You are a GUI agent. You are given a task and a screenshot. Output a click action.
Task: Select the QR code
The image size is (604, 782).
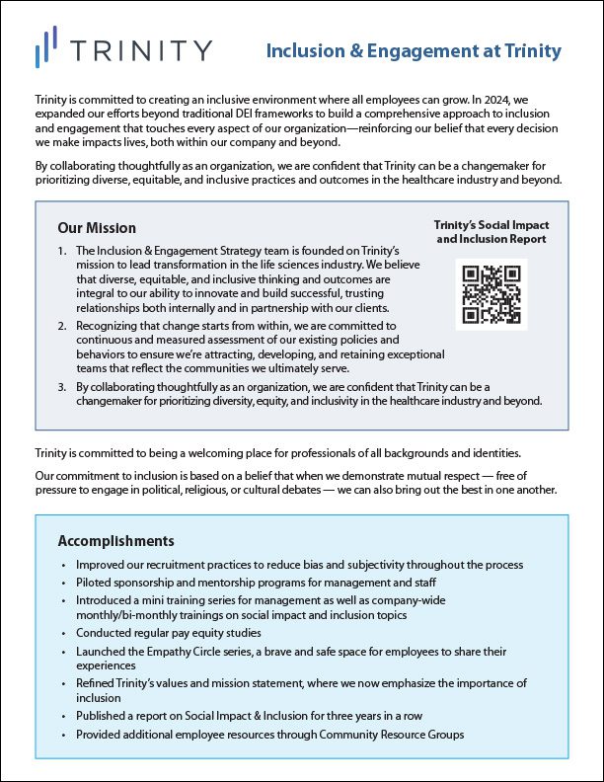pos(491,294)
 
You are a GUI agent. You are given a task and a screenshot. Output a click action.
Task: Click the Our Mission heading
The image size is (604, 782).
pos(97,229)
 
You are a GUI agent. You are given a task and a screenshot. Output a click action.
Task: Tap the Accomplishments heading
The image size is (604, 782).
pos(116,541)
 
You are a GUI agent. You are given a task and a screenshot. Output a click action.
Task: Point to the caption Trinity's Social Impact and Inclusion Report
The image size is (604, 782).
pos(491,232)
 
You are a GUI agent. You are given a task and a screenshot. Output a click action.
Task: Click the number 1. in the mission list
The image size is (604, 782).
pos(61,253)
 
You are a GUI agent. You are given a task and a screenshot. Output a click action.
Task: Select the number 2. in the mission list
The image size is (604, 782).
pos(61,325)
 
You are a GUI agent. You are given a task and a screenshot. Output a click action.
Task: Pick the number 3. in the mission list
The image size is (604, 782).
pos(61,386)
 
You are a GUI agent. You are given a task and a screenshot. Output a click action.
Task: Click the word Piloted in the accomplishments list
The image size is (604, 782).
pos(97,583)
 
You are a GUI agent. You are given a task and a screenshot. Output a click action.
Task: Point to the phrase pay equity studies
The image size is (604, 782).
pos(209,633)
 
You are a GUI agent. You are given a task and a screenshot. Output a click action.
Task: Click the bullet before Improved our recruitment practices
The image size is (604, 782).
pos(63,565)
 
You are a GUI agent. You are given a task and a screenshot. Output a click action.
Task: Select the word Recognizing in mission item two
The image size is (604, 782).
pos(110,325)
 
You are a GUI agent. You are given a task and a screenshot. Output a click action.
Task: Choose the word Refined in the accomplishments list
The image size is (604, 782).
pos(98,683)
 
